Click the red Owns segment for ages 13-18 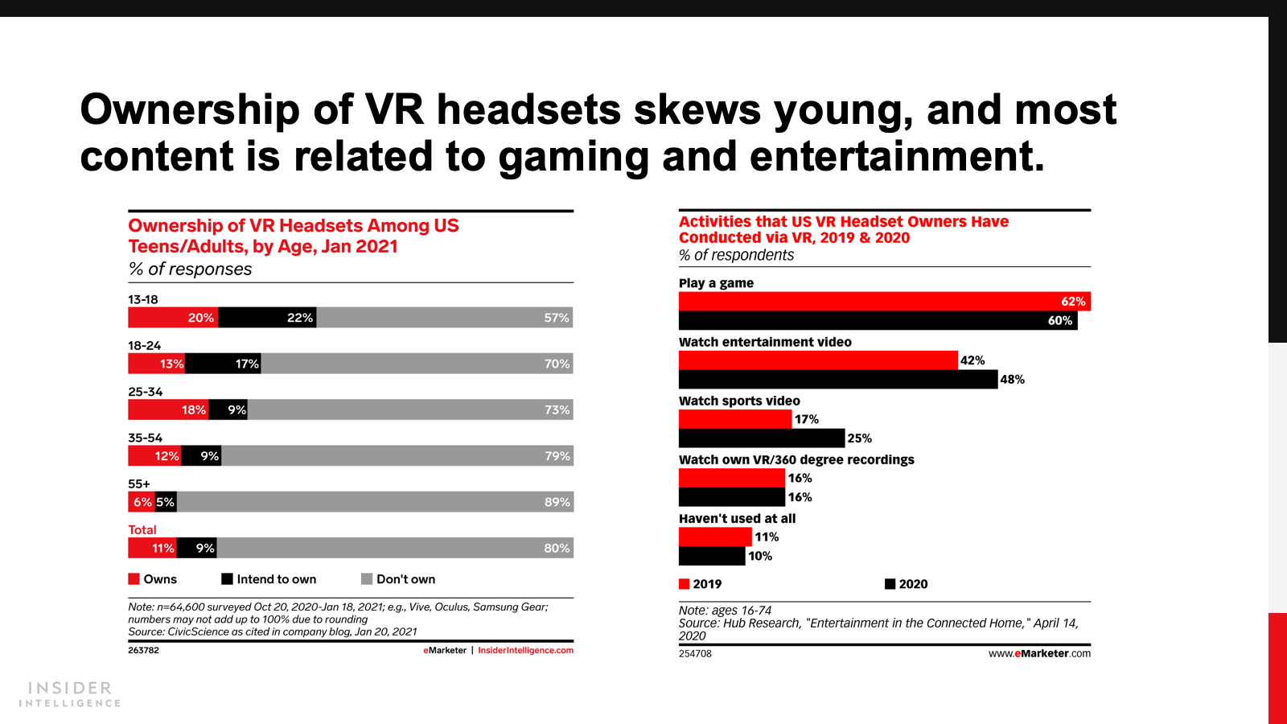point(173,318)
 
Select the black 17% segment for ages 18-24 point(223,364)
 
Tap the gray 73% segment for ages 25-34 point(410,410)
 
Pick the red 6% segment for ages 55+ point(142,502)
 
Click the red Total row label point(142,530)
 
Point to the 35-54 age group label point(145,438)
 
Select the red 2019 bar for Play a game point(884,302)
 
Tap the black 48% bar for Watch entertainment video point(837,380)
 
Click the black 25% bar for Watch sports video point(762,438)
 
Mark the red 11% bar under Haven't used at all point(715,537)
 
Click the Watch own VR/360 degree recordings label point(796,459)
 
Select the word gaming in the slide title point(573,156)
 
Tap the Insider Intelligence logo point(70,694)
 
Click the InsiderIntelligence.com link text point(525,650)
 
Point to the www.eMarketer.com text point(1039,653)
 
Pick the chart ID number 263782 point(143,650)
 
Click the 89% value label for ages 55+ point(557,502)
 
